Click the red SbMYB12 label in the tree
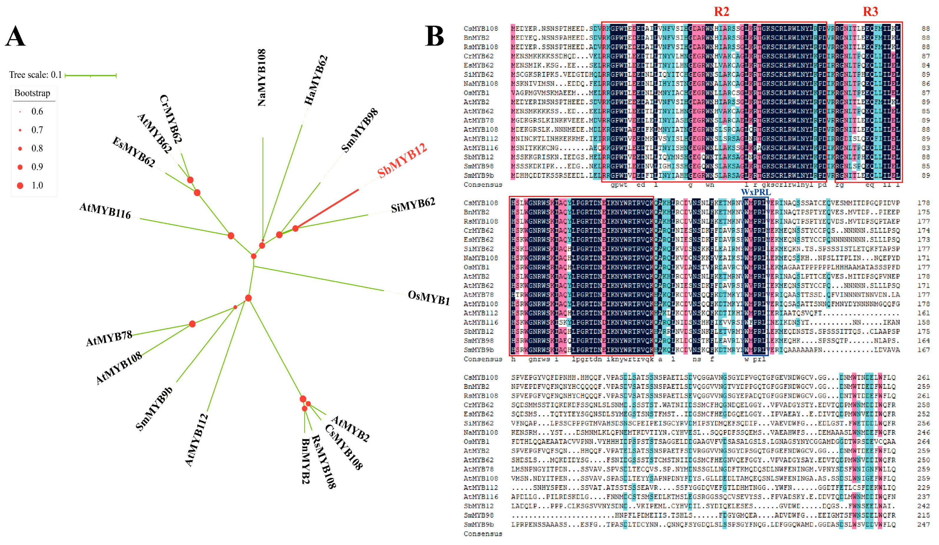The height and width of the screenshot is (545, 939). coord(401,161)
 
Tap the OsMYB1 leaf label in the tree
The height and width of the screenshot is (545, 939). coord(428,298)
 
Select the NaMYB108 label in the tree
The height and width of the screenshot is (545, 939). coord(262,77)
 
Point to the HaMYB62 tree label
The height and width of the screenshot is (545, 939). coord(316,80)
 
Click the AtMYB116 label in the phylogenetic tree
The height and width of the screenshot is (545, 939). coord(105,211)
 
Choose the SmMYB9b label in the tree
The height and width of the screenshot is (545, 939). coord(154,409)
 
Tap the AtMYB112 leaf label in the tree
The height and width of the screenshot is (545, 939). coord(196,440)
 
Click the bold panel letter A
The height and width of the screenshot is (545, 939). coord(15,36)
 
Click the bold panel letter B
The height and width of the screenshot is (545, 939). coord(435,36)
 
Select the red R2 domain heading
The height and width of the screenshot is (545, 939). coord(721,11)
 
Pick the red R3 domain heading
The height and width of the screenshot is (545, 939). coord(870,11)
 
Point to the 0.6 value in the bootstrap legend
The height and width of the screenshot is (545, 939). coord(37,111)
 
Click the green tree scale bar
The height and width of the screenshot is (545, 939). coord(91,76)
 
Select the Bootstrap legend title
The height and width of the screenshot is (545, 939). coord(32,93)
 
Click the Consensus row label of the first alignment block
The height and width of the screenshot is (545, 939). coord(483,184)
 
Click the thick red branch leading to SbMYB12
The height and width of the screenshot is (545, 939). coord(327,209)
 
